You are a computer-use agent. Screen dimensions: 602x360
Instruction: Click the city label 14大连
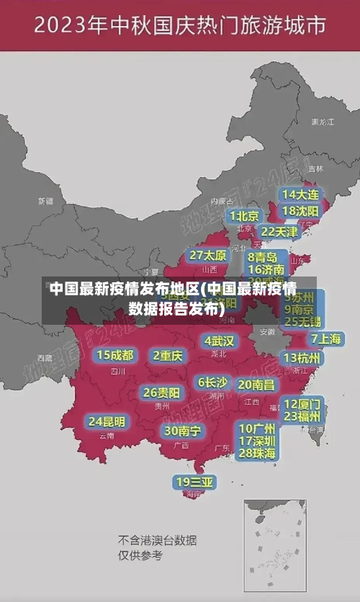[300, 194]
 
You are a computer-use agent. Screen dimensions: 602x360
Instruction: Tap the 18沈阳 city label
[300, 211]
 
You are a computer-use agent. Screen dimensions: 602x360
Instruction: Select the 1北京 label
[244, 216]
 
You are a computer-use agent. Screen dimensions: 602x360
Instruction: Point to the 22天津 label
[279, 232]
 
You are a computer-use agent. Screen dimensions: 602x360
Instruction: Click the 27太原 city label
[208, 255]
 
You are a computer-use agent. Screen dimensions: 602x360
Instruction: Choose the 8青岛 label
[263, 256]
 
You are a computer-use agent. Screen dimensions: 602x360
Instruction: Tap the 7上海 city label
[325, 338]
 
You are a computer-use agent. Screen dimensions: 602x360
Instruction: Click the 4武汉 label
[219, 341]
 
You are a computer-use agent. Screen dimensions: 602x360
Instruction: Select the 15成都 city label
[115, 355]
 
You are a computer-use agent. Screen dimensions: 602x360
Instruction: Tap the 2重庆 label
[168, 355]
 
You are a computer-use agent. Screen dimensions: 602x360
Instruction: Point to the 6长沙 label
[212, 382]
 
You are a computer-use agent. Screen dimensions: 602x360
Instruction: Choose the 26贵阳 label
[161, 392]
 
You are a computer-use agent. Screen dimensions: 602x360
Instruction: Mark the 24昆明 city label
[106, 421]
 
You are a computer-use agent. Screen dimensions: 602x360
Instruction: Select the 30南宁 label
[182, 431]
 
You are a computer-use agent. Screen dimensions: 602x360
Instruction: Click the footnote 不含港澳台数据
[158, 540]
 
